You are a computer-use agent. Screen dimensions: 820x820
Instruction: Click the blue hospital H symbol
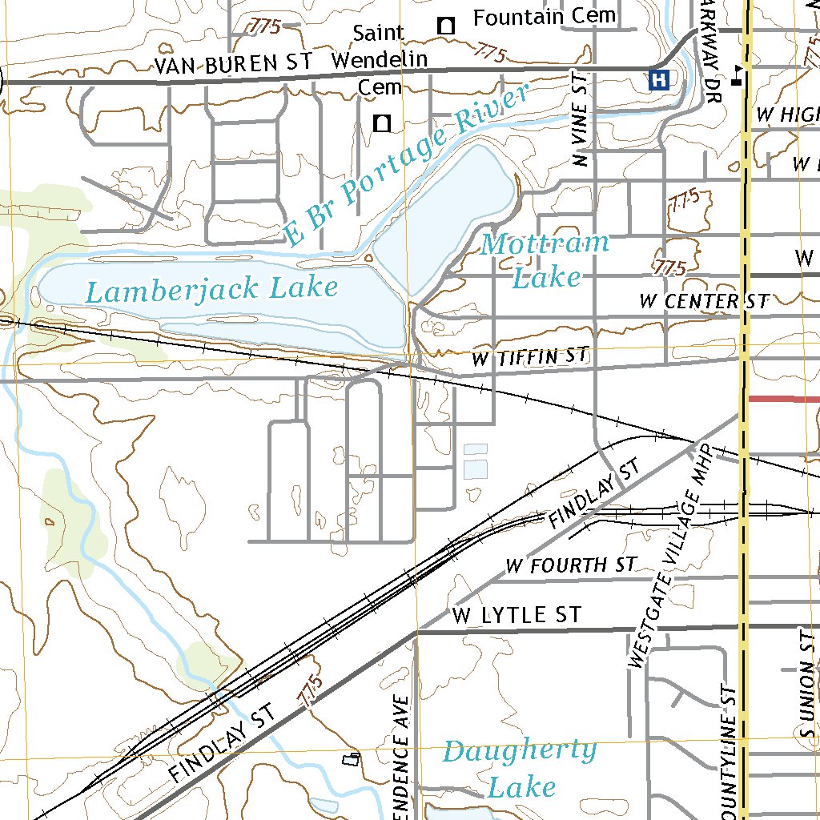point(659,79)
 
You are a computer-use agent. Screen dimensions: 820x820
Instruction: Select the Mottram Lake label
point(545,260)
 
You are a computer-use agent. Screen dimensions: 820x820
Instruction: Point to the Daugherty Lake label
point(520,769)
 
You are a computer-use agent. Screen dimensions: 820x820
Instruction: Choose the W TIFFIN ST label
point(530,356)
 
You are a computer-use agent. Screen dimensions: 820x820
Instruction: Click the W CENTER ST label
point(704,301)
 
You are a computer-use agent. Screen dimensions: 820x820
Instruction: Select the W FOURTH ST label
point(571,565)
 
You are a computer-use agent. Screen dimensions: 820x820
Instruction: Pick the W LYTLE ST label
point(517,615)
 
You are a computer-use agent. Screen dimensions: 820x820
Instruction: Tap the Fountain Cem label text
point(544,16)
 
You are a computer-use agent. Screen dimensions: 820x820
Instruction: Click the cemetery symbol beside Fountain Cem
point(446,26)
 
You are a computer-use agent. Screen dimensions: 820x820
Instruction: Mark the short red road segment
point(782,398)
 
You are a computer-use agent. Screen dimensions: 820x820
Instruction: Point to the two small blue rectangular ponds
point(475,460)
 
